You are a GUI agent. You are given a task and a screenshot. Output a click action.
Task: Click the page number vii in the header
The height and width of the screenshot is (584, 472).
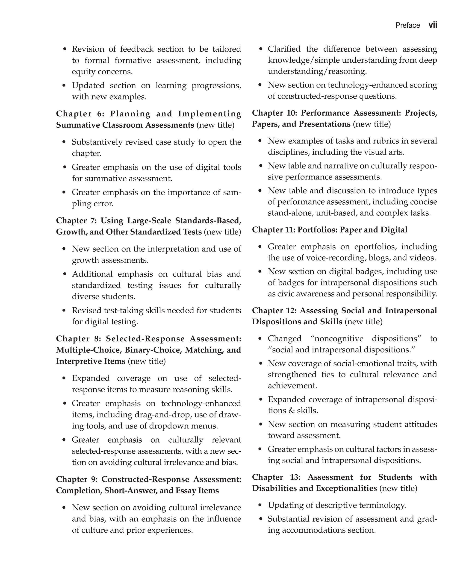point(433,25)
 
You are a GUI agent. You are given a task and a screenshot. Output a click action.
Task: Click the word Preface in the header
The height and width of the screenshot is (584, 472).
point(407,26)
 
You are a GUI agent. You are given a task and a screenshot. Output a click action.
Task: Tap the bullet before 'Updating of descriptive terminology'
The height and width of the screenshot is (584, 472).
point(260,505)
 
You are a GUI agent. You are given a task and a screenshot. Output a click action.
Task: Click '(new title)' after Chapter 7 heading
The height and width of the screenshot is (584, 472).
point(222,232)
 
